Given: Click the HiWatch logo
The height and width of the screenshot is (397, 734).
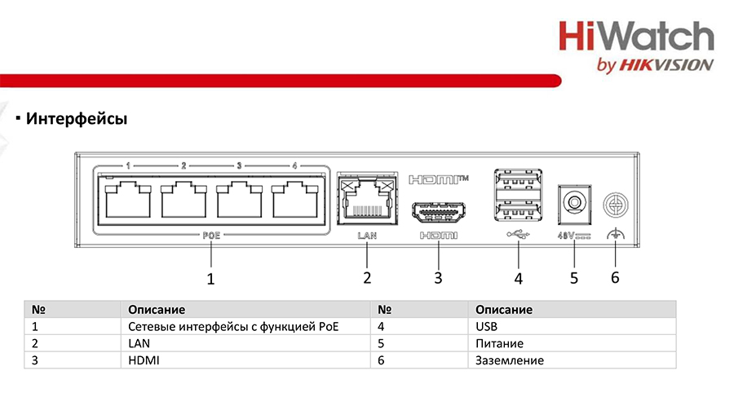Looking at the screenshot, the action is [x=636, y=46].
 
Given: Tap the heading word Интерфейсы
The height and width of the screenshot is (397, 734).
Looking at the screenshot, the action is [x=77, y=118].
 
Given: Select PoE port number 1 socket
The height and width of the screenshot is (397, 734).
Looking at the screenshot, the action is [x=128, y=201].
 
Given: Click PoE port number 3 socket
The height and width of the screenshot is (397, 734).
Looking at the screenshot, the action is [x=239, y=201].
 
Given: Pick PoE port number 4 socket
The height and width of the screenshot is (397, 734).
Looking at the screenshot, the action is [x=294, y=201].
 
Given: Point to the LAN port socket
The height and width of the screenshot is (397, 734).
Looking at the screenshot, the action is [x=367, y=199].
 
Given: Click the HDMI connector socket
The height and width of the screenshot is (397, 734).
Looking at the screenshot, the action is [x=438, y=212].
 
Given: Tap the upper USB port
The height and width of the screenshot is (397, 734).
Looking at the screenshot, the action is [x=518, y=180].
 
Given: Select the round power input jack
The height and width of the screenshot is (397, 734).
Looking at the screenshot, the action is [x=574, y=204].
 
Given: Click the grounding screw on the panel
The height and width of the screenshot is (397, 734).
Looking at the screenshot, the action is [x=615, y=205].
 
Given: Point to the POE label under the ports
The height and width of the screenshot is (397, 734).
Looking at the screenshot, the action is [x=211, y=236].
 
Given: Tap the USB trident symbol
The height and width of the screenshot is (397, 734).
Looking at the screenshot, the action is [x=518, y=234].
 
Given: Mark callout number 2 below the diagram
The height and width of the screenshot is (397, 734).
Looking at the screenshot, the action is [x=367, y=278].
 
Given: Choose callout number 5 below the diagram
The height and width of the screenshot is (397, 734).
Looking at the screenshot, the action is [x=574, y=278].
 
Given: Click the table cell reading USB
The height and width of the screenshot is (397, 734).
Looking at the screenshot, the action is [x=486, y=326].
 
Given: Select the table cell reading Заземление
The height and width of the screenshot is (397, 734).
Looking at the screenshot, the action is [x=509, y=360].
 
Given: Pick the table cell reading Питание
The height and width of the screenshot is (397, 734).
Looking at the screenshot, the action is [x=499, y=344].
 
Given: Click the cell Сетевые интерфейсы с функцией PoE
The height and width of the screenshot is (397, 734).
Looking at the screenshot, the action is [x=233, y=327].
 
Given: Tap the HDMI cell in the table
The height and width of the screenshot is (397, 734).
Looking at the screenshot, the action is [x=144, y=360].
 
